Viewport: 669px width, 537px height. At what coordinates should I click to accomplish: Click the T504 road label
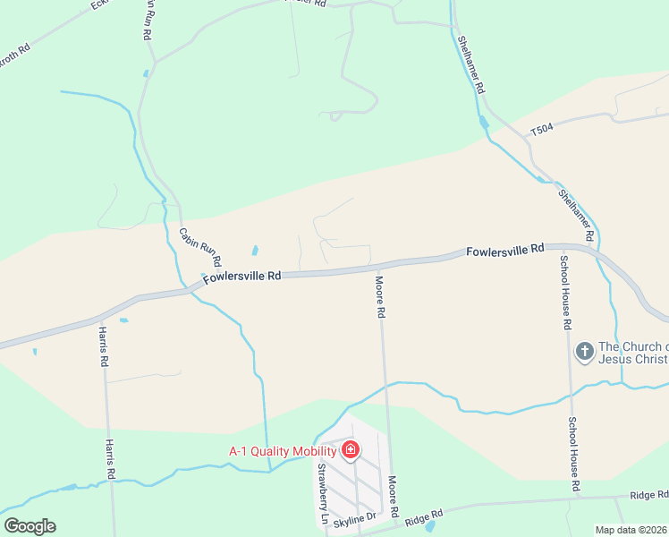[542, 131]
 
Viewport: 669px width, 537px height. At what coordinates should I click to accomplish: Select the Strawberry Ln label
[322, 493]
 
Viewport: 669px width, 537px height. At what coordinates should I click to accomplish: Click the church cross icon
[584, 351]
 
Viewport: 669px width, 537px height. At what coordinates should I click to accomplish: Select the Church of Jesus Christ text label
[633, 353]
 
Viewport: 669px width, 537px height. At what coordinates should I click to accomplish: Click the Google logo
[30, 526]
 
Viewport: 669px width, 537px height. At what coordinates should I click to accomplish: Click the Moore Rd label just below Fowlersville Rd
[380, 297]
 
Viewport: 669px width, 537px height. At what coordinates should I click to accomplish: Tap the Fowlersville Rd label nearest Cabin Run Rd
[241, 277]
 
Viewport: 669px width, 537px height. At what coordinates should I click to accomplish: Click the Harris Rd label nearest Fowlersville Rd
[104, 348]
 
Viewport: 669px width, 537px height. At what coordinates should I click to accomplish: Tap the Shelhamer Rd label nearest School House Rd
[576, 215]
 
